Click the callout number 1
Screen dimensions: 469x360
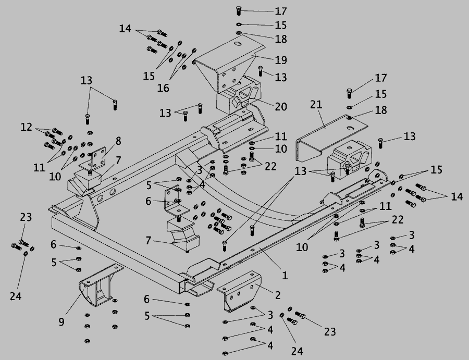click(285, 276)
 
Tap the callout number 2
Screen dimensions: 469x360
click(278, 295)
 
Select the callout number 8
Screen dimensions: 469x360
click(118, 141)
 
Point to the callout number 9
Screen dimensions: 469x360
click(61, 322)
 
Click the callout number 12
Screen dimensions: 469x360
click(26, 127)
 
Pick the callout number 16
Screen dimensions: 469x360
click(163, 88)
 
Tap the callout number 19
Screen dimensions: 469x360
click(280, 60)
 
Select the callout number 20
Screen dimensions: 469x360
click(281, 106)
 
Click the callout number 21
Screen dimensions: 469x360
click(316, 104)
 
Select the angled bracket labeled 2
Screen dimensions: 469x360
click(239, 291)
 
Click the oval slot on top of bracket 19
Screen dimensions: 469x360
click(238, 44)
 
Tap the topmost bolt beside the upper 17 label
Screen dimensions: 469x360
click(238, 10)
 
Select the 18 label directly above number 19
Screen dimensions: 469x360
click(280, 39)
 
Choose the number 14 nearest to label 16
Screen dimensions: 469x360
click(125, 29)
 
